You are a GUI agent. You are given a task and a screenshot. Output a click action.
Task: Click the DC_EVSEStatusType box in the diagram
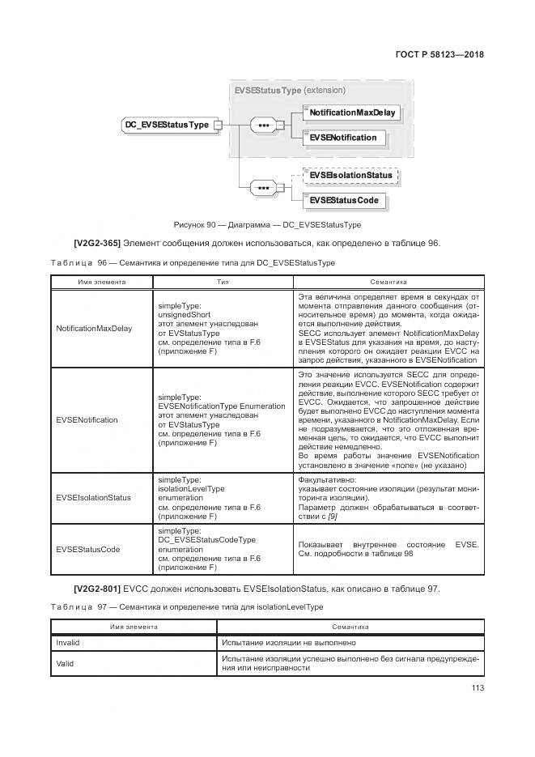click(165, 125)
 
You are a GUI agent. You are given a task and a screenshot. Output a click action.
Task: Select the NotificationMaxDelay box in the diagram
click(352, 113)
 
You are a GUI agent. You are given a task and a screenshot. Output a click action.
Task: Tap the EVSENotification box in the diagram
click(343, 138)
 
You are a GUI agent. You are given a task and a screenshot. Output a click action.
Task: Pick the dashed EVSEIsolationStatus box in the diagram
click(350, 175)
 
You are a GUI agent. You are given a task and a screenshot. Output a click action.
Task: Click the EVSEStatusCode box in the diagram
click(344, 200)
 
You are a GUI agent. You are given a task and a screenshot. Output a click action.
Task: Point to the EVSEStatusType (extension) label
click(290, 90)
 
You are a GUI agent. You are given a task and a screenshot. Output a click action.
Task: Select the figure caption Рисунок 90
click(266, 224)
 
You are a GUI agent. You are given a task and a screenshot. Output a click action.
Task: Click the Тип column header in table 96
click(223, 282)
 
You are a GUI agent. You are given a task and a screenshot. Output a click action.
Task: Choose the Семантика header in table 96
click(389, 282)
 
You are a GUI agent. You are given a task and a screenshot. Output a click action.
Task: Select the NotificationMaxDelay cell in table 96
click(94, 329)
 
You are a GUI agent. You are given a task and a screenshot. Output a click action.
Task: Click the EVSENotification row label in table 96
click(87, 419)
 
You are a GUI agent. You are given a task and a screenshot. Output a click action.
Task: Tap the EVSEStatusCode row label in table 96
click(88, 549)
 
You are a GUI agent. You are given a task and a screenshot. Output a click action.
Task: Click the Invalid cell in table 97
click(67, 642)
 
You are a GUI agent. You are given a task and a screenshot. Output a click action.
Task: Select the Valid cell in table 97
click(65, 662)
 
